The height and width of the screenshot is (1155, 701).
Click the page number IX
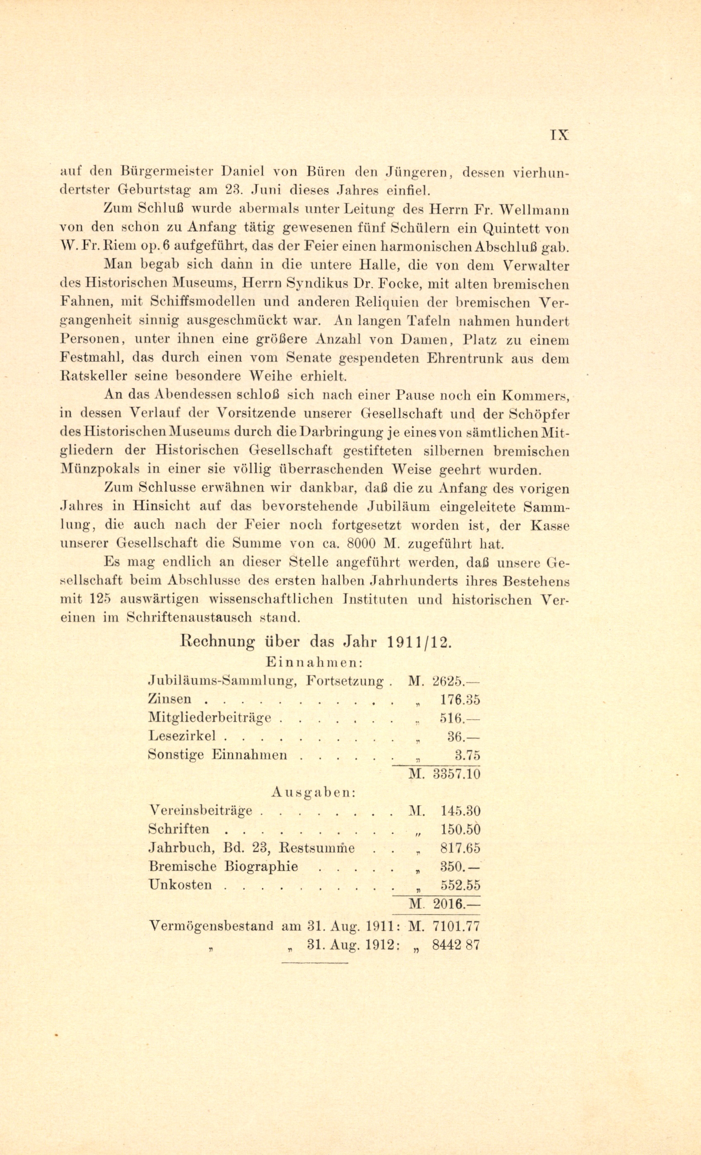click(558, 135)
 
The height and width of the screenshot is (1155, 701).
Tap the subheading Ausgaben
click(313, 792)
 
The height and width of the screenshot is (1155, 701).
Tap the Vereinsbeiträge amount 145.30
click(460, 811)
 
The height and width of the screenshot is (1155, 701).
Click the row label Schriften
click(179, 829)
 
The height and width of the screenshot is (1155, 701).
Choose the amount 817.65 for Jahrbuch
click(460, 848)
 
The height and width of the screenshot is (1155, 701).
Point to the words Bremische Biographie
click(223, 866)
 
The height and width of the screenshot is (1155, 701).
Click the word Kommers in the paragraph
click(536, 395)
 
